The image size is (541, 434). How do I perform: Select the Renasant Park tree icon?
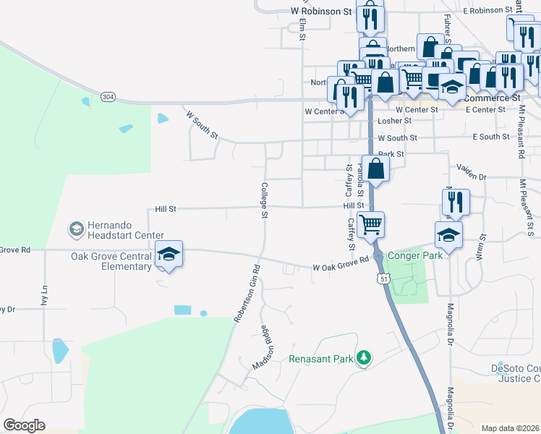click(365, 359)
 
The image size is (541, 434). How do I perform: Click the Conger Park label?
click(414, 255)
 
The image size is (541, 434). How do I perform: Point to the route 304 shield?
click(108, 96)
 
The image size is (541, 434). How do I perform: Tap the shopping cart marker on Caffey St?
click(371, 224)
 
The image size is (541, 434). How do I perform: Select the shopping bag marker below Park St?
click(377, 169)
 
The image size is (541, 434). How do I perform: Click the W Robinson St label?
click(320, 12)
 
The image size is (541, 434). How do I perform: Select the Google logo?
click(24, 425)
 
